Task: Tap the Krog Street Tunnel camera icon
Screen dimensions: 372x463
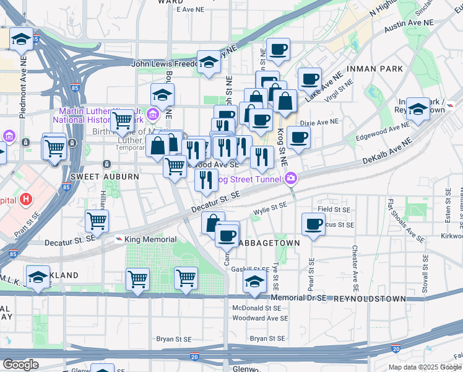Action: click(291, 179)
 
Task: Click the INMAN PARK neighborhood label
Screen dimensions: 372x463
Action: click(375, 69)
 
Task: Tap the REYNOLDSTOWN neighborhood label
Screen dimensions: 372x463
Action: click(370, 299)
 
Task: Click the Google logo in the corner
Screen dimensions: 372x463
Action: click(20, 365)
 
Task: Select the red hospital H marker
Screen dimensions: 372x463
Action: click(26, 199)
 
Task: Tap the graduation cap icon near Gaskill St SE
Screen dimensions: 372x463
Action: click(254, 281)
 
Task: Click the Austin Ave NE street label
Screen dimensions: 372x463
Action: click(409, 26)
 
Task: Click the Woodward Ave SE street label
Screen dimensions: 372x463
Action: click(260, 318)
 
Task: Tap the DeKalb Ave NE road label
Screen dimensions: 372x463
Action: click(387, 151)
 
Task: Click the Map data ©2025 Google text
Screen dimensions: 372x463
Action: click(425, 367)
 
